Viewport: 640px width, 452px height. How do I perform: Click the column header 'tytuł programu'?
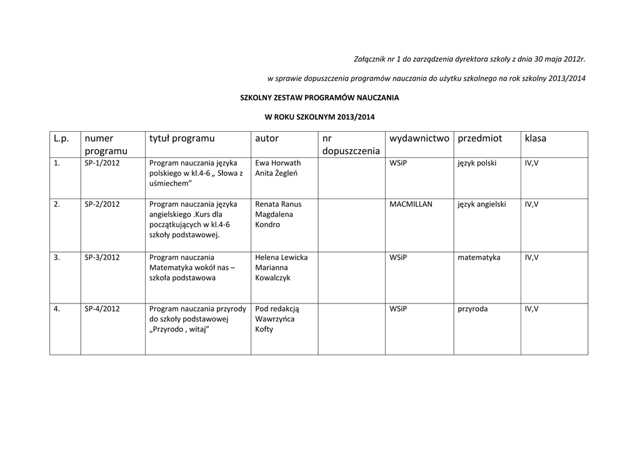point(181,138)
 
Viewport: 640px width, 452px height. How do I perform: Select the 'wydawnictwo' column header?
point(419,138)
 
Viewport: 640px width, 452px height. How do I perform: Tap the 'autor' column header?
point(267,138)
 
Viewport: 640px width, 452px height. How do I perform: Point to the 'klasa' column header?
point(536,138)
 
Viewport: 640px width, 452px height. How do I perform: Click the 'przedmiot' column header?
point(479,138)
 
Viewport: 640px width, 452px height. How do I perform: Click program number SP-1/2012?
point(102,163)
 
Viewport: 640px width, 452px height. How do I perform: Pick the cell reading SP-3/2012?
point(102,257)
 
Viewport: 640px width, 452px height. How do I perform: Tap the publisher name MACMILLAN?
point(411,204)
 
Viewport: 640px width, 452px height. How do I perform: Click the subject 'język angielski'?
point(481,204)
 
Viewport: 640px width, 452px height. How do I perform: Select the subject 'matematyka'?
point(479,257)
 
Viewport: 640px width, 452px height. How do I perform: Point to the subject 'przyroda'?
point(472,308)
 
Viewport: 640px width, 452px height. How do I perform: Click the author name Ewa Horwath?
point(278,163)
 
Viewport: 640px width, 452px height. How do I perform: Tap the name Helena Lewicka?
point(281,257)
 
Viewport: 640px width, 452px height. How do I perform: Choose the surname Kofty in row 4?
point(264,329)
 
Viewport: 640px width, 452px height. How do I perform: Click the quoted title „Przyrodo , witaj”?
point(179,329)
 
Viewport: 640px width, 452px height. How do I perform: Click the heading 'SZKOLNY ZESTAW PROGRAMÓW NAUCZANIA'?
point(319,97)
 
